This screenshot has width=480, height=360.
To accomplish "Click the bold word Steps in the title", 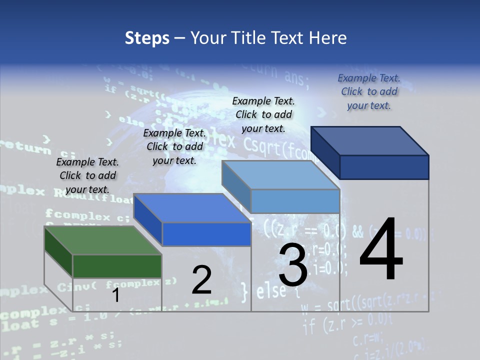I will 147,38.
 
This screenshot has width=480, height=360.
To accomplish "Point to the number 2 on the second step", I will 202,280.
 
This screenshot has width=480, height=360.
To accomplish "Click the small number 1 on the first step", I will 116,295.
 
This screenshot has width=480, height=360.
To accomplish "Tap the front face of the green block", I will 117,266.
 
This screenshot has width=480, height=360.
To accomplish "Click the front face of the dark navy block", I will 384,167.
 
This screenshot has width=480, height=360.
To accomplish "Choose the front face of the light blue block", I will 295,201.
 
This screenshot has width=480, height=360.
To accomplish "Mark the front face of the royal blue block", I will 206,234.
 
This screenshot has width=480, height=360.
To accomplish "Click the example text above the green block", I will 87,175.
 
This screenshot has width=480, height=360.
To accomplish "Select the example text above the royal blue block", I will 174,146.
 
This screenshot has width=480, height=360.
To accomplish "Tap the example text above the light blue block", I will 263,114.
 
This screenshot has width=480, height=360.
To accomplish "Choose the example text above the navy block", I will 369,91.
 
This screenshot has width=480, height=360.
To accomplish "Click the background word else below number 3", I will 270,291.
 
